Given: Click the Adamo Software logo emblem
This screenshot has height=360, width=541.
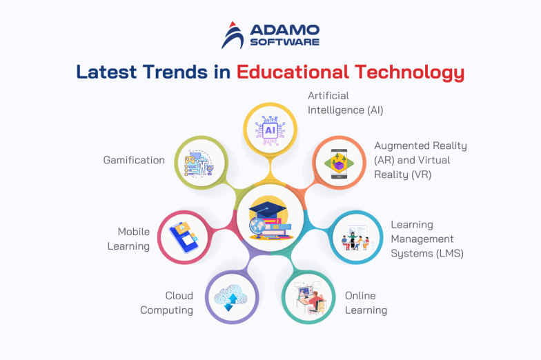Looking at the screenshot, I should pos(234,34).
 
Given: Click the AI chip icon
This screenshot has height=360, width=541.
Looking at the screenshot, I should pos(270,128).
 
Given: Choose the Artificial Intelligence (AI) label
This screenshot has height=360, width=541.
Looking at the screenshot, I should pos(345,103).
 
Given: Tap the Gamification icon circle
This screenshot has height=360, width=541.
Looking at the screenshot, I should pos(200,163).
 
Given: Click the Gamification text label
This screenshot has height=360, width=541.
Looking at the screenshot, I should pos(134,160).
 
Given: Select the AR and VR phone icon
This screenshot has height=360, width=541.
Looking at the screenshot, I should pos(340,163).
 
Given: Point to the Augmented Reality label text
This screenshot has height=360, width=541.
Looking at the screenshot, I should pos(420,160).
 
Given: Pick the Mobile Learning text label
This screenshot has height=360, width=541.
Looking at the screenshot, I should pos(129,239).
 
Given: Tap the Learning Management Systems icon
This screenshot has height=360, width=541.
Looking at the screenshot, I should pos(357,238).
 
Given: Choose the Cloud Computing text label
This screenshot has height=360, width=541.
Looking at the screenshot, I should pos(167,303).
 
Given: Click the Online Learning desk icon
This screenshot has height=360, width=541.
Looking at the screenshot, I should pos(308,298).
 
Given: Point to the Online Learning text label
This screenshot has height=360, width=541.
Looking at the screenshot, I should pos(366,303).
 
